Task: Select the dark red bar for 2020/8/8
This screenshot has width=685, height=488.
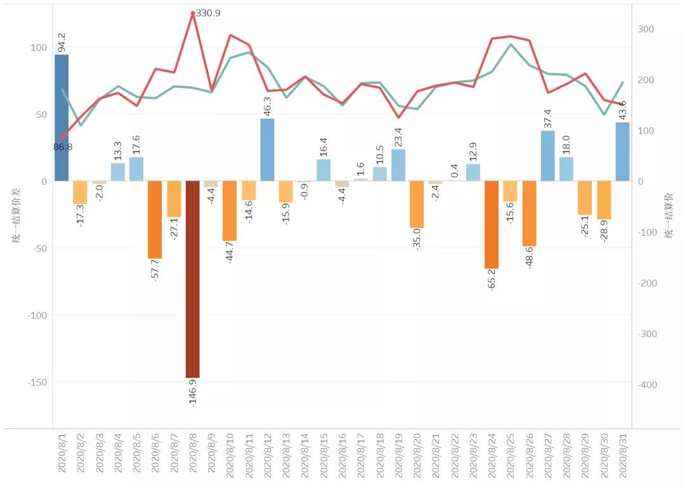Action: click(193, 279)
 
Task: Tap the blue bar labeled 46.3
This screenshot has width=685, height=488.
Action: click(268, 150)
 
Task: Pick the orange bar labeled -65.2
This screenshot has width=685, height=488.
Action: click(492, 225)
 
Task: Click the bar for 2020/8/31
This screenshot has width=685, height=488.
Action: click(623, 151)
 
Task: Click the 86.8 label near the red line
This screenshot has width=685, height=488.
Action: click(63, 146)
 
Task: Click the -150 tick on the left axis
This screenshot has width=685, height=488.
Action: click(37, 382)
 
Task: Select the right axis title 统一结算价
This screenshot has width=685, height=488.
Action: click(670, 216)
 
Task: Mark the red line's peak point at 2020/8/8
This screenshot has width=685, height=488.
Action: click(193, 13)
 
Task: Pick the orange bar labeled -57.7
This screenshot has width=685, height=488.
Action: click(155, 219)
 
